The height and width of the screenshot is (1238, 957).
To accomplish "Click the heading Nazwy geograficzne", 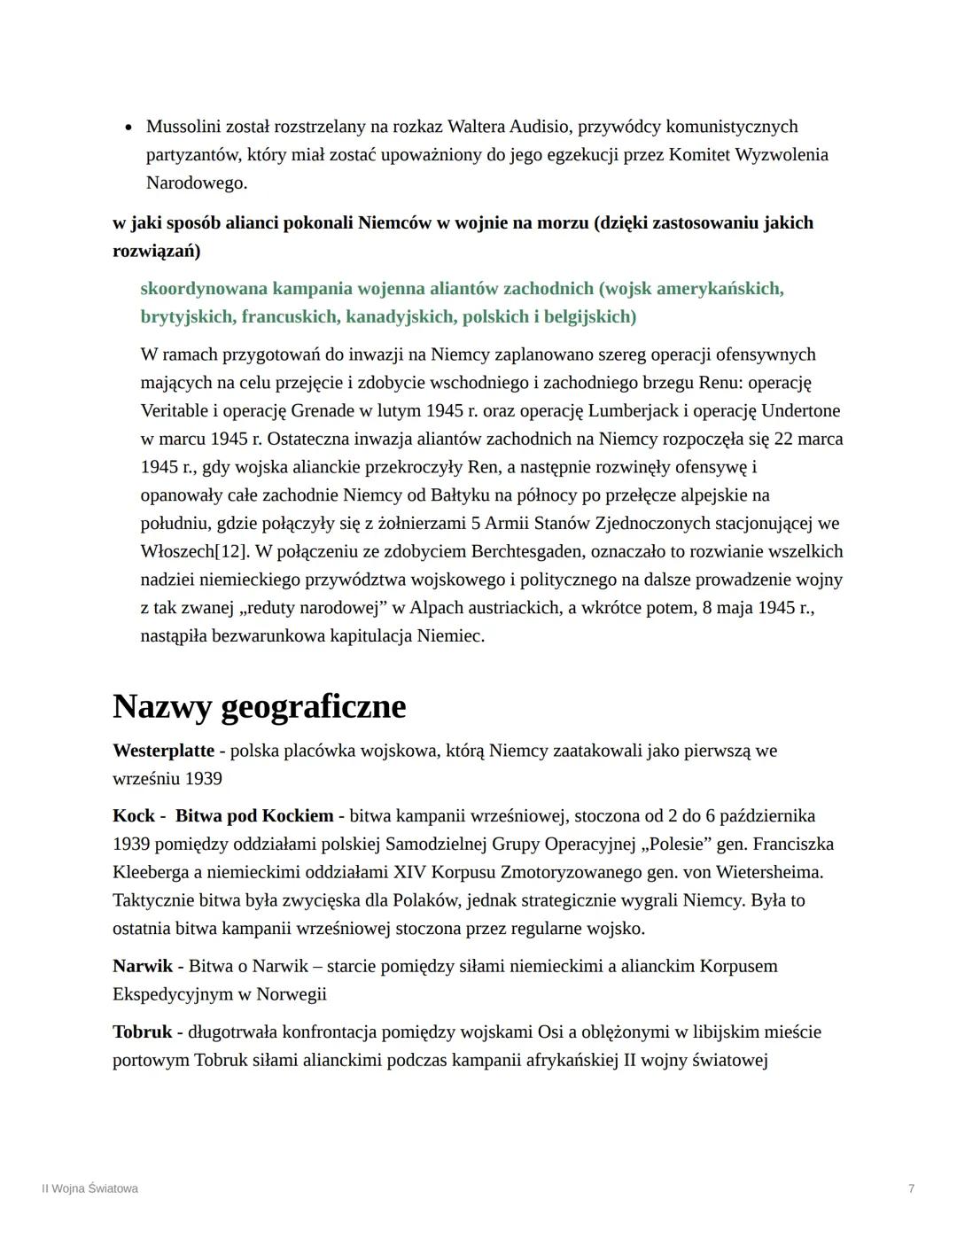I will (259, 706).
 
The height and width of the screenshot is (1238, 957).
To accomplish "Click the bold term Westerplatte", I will (163, 751).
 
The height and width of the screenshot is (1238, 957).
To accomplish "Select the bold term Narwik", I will (142, 966).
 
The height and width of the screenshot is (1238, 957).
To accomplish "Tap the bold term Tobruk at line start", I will (142, 1032).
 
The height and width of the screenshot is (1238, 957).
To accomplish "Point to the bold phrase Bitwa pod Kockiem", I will (254, 815).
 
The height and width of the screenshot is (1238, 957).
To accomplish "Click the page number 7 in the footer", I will (911, 1188).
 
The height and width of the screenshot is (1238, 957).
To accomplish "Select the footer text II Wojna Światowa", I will (89, 1188).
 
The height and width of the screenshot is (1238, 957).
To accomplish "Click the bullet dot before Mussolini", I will (128, 128).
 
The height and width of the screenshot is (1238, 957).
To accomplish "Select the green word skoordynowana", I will (203, 288).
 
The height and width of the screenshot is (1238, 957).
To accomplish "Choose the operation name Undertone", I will (800, 410).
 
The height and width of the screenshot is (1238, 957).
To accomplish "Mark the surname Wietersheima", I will (766, 872).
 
